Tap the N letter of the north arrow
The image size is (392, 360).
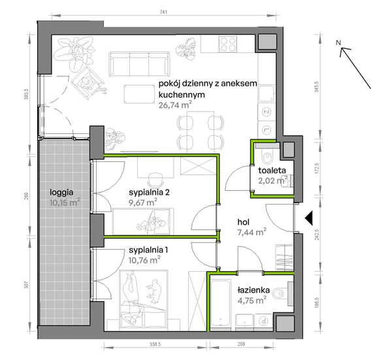point(338,42)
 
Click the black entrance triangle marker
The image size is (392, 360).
point(309,218)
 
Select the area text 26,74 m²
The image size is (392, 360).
point(175,105)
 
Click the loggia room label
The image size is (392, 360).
point(61,193)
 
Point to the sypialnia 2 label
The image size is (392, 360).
point(149,192)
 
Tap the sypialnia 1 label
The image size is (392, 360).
point(148,250)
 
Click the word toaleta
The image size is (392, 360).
point(272,171)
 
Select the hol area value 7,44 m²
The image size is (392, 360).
point(252,232)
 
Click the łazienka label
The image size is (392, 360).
point(253,290)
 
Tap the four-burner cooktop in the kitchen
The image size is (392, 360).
point(227,44)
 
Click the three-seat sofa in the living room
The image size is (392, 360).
point(139,64)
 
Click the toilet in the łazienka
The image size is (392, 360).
point(280,293)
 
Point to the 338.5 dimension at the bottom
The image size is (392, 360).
point(155,344)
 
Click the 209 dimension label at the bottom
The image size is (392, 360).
point(241,344)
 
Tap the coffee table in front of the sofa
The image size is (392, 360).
point(139,93)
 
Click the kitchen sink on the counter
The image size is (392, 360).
point(267,93)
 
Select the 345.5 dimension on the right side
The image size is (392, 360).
point(318,86)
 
